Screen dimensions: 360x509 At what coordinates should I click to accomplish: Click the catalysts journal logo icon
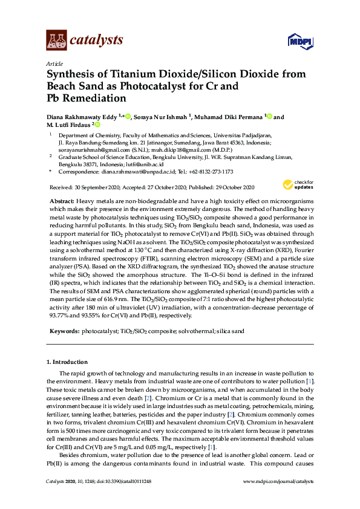click(56, 40)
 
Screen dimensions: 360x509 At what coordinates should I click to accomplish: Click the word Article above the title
click(53, 63)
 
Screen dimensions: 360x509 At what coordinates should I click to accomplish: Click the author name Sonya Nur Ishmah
click(160, 117)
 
